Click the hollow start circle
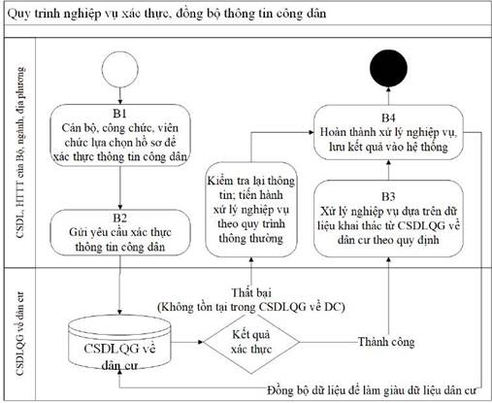click(x=120, y=51)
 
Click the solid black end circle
click(x=388, y=68)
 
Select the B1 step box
click(x=120, y=135)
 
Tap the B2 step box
click(x=120, y=232)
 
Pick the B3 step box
click(x=388, y=218)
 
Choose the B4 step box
click(x=388, y=132)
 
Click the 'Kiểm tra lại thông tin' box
click(x=251, y=210)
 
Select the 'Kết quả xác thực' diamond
click(x=251, y=342)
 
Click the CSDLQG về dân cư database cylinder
click(x=119, y=344)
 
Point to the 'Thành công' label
click(x=386, y=342)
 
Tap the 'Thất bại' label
click(x=251, y=292)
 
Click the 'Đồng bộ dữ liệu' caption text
click(x=372, y=390)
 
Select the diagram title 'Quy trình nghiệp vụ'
click(x=167, y=14)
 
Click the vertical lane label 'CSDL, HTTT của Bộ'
click(x=20, y=152)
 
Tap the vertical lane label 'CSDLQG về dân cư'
click(x=20, y=334)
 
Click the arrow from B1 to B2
click(x=120, y=188)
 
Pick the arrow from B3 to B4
click(x=388, y=170)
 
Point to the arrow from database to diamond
click(x=187, y=342)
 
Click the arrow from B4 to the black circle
click(x=388, y=96)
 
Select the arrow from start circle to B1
click(x=120, y=96)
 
